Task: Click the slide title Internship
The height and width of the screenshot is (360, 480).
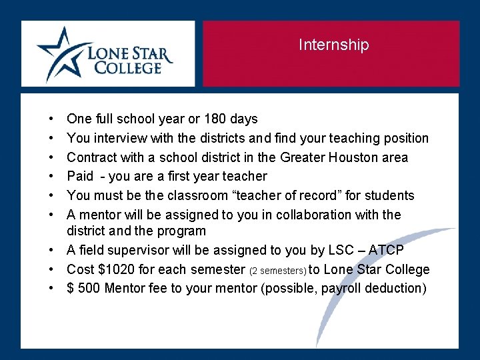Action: click(333, 45)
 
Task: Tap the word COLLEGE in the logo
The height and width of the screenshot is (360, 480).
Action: click(128, 67)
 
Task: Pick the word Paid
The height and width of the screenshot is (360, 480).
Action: click(80, 177)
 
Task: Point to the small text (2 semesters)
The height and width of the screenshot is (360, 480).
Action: click(278, 271)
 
